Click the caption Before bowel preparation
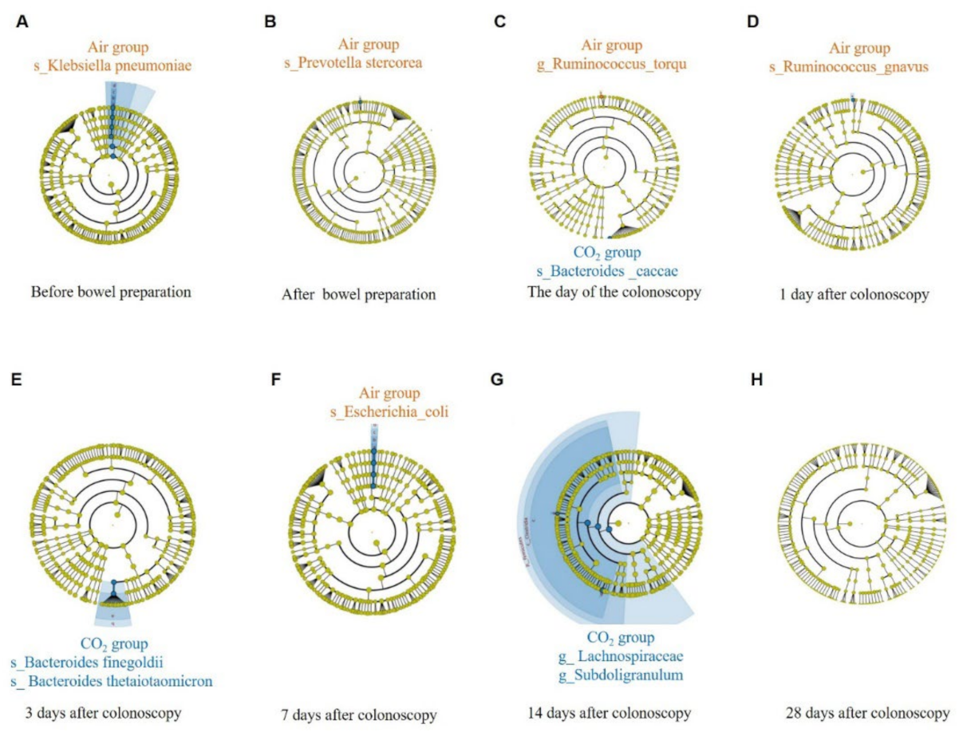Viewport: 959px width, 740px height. [x=111, y=291]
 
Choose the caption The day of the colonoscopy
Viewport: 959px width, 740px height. [x=614, y=291]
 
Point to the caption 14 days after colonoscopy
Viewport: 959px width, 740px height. [x=609, y=711]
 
